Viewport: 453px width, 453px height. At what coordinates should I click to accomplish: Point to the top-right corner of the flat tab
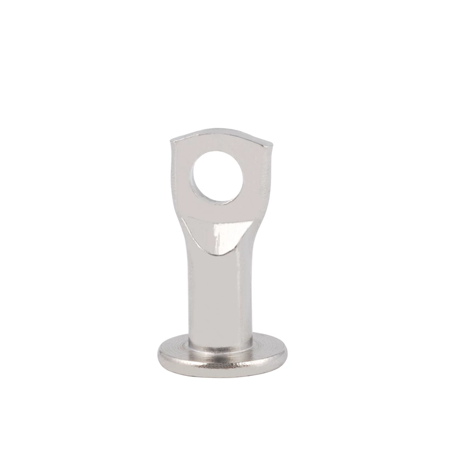click(273, 140)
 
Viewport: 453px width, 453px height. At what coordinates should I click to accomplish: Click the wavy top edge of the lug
click(222, 132)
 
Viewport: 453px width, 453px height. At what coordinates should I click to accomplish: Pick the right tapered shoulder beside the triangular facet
click(256, 236)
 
